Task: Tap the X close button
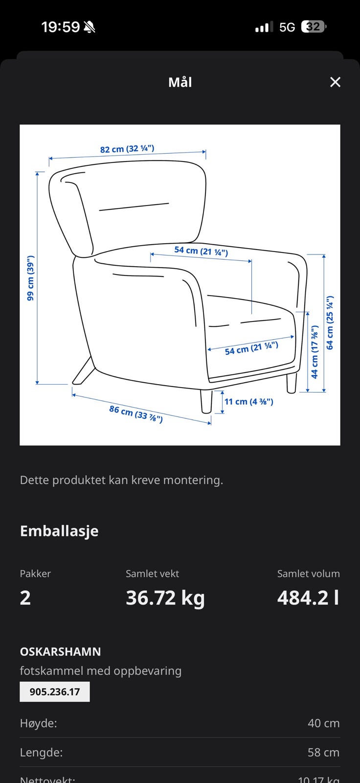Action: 335,82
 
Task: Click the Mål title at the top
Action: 180,82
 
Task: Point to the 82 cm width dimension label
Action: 127,149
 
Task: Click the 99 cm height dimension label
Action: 30,278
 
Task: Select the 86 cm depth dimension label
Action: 135,414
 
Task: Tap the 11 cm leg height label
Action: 248,402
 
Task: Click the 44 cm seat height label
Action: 315,352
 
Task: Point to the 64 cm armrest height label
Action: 330,323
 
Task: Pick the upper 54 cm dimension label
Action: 201,251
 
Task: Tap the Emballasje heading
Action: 59,531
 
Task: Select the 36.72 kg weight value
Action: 165,598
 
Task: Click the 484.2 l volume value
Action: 308,598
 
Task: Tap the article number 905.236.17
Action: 55,692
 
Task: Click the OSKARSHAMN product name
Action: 60,652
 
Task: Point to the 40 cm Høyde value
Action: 323,723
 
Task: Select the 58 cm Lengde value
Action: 323,753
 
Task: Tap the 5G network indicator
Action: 287,27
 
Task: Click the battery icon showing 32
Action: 314,27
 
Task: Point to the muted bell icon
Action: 90,27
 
